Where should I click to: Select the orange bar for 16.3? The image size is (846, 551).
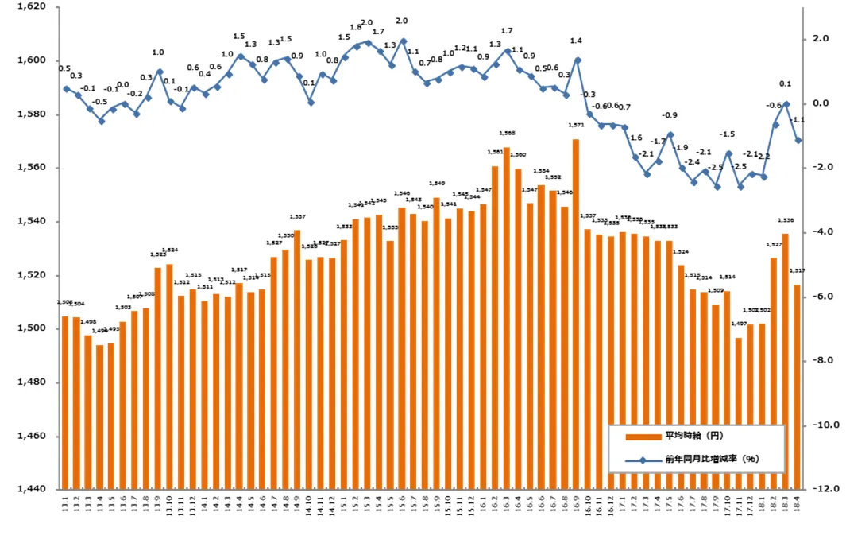tap(507, 318)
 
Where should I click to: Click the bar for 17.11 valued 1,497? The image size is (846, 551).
tap(739, 413)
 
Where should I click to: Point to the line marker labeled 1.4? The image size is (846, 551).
tap(577, 60)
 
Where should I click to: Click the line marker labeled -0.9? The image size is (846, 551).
tap(670, 134)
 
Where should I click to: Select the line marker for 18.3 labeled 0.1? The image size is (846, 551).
tap(786, 103)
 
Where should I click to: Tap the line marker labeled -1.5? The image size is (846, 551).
tap(728, 153)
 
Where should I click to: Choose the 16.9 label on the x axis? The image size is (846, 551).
tap(577, 506)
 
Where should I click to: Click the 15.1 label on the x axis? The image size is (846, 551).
tap(344, 506)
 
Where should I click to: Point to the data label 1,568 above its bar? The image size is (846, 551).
tap(507, 133)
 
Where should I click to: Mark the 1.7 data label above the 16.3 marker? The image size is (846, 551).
tap(507, 31)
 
